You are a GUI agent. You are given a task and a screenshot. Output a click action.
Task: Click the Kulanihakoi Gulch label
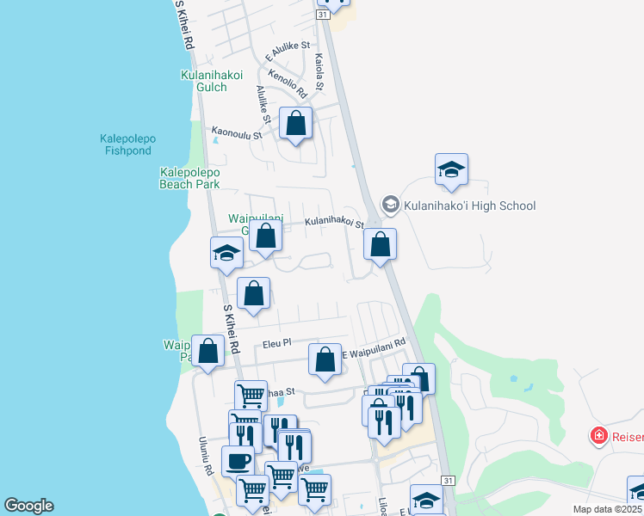(204, 81)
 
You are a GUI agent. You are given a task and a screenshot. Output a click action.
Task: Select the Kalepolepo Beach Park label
(189, 178)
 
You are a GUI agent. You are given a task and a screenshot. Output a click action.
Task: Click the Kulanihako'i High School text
(469, 206)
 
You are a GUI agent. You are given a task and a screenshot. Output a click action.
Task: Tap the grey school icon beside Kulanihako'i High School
(391, 205)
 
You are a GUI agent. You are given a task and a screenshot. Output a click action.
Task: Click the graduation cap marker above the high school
(451, 170)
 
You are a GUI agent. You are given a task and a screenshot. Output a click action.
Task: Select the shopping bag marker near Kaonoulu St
(296, 124)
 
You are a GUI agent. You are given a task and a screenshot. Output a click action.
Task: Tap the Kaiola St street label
(319, 73)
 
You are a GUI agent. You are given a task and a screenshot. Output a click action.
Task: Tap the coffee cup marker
(238, 459)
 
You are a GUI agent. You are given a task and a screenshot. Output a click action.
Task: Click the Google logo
(28, 506)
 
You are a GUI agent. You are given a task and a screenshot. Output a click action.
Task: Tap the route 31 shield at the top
(322, 15)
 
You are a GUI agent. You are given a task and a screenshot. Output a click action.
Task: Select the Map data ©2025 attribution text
(607, 509)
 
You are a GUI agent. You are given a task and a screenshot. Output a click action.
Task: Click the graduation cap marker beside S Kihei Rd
(226, 254)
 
